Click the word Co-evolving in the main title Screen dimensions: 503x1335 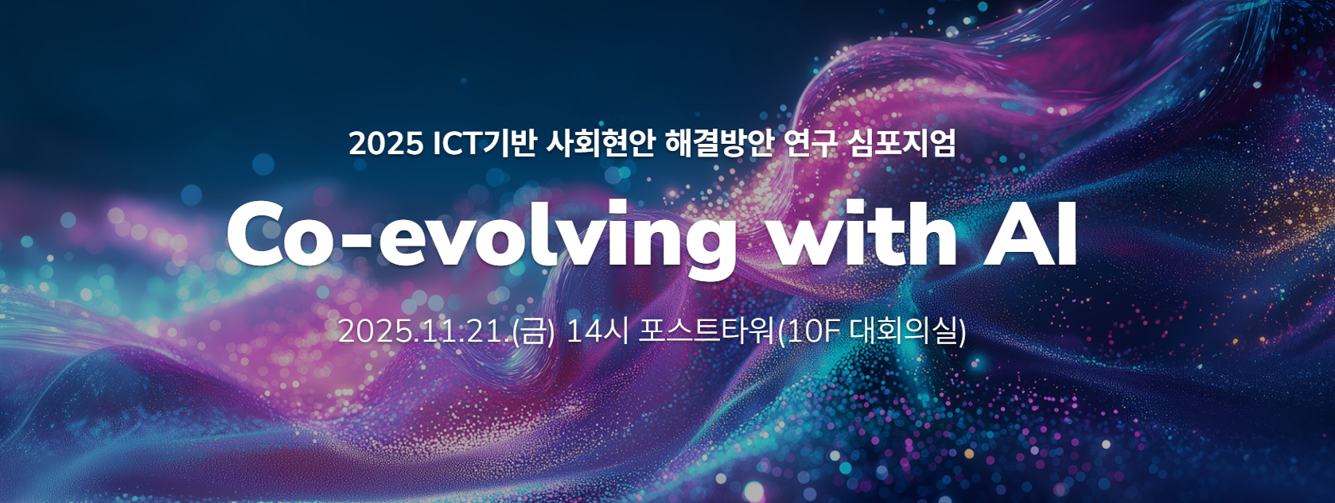[481, 236]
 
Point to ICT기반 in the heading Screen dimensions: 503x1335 [485, 144]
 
